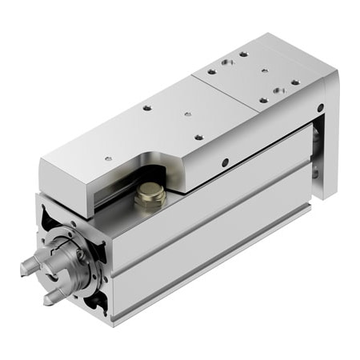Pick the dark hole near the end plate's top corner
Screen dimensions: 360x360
click(x=320, y=106)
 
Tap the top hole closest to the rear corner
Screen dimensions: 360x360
click(x=244, y=54)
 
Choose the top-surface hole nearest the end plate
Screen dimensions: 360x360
click(x=295, y=82)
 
